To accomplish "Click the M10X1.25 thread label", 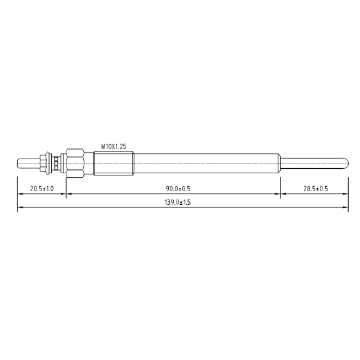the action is coord(114,147).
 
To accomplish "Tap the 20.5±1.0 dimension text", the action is coord(42,189).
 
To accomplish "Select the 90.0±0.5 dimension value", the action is coord(178,189).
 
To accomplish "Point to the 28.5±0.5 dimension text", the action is coord(316,189).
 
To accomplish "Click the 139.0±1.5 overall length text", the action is coord(178,202).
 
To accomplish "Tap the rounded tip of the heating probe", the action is coord(346,163).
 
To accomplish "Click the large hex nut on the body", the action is coord(75,163).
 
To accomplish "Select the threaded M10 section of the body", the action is coord(114,163).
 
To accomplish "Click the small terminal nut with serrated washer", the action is coord(46,163).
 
